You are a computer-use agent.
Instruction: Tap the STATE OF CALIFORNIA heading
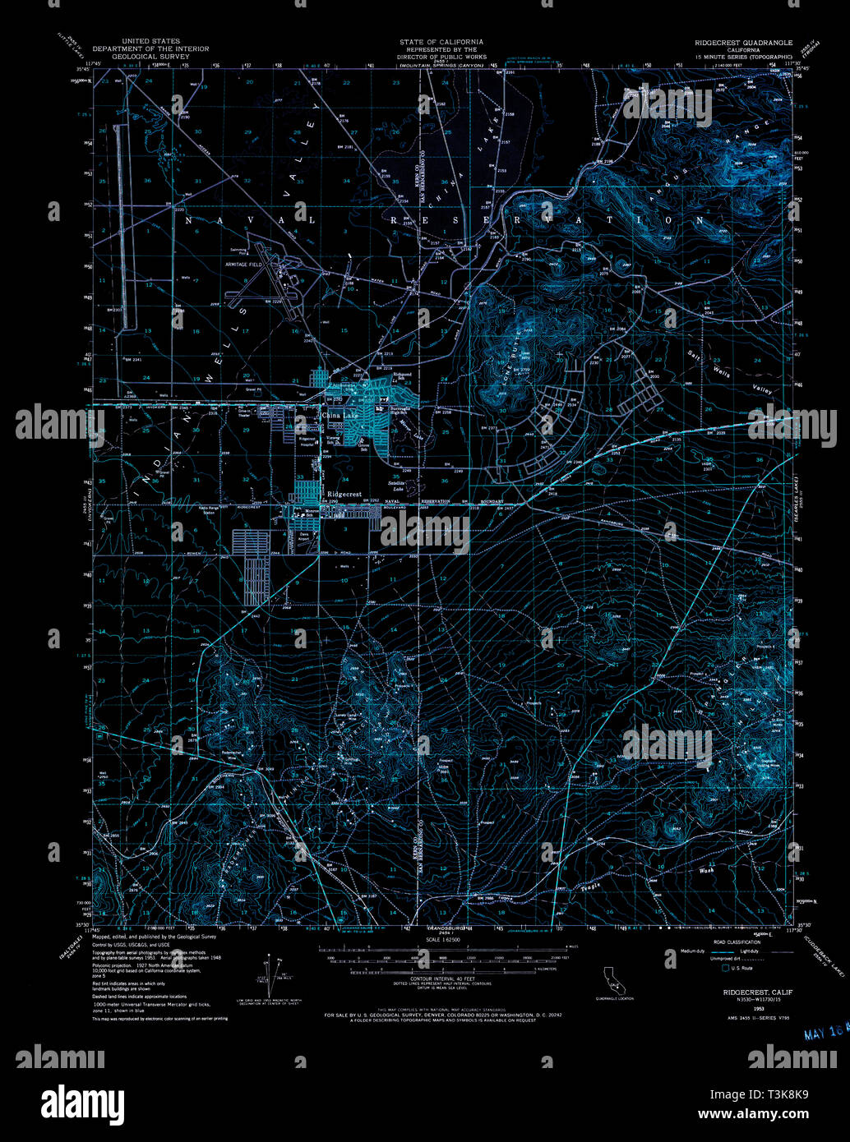pyautogui.click(x=441, y=41)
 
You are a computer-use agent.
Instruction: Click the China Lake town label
pyautogui.click(x=340, y=416)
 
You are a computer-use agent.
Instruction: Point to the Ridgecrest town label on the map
pyautogui.click(x=344, y=494)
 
